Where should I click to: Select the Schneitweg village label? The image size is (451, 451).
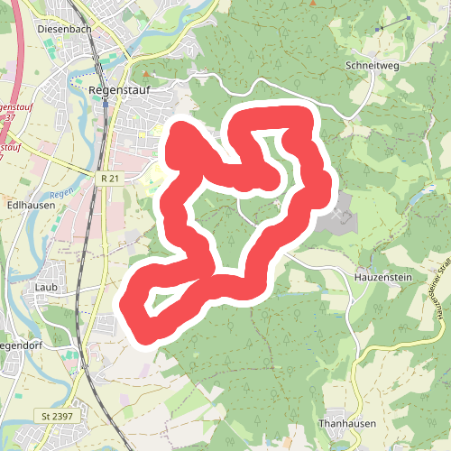click(x=372, y=66)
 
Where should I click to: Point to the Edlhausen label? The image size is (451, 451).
click(x=31, y=205)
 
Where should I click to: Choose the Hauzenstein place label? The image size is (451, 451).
click(x=383, y=277)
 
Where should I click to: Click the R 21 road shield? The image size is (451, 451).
click(x=110, y=179)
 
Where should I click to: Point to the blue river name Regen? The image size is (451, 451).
click(x=60, y=192)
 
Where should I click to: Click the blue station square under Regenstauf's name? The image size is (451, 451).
click(x=106, y=103)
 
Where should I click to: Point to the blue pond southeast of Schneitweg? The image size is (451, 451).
click(x=417, y=194)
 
